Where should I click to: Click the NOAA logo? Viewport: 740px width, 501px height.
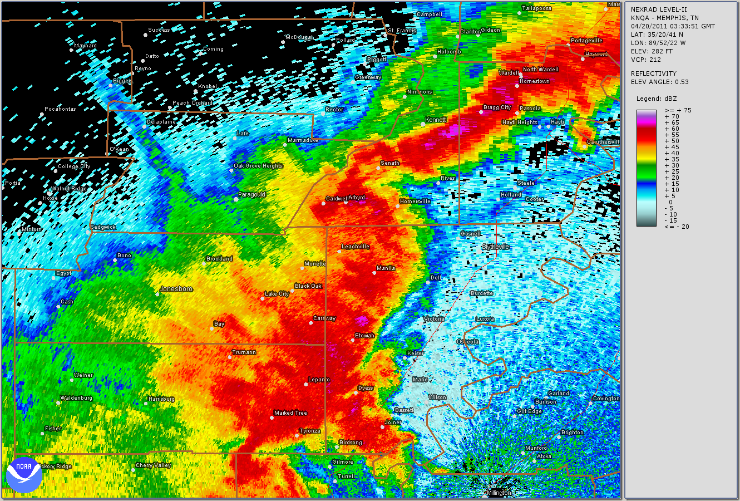(24, 474)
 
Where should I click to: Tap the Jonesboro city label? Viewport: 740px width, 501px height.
(176, 289)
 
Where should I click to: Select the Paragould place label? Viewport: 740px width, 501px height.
(251, 195)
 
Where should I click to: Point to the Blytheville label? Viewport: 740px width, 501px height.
(495, 247)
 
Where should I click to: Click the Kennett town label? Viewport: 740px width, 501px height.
(436, 120)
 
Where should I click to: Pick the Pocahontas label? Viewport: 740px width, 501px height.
(60, 109)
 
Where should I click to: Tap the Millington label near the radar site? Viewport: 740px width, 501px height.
(499, 493)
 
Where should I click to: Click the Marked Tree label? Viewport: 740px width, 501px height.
(290, 413)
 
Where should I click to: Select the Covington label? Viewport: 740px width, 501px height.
(606, 399)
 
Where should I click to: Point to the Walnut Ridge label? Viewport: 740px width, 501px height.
(69, 189)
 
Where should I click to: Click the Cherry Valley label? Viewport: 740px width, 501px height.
(153, 465)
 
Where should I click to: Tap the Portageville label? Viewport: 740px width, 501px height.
(586, 41)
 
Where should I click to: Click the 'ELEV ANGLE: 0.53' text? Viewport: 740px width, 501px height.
(659, 82)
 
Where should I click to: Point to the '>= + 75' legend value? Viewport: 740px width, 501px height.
(678, 110)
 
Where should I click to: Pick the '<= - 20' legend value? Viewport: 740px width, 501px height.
(677, 227)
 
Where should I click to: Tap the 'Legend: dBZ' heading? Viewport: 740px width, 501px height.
(657, 99)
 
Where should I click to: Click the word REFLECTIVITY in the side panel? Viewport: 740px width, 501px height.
(653, 73)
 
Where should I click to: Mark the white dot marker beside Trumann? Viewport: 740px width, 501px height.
(230, 357)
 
